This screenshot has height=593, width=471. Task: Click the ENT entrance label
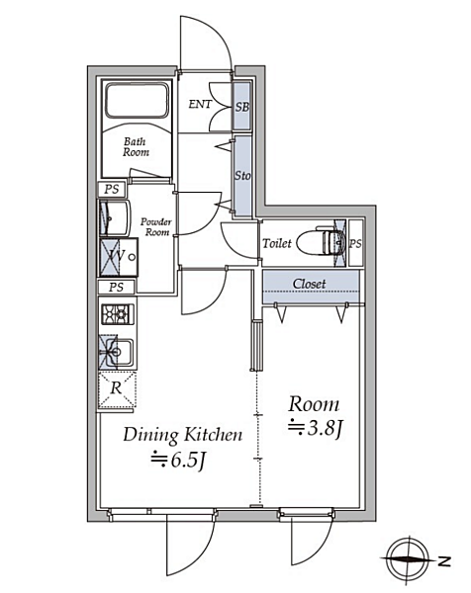pyautogui.click(x=200, y=104)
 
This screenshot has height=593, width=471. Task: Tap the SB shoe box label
pyautogui.click(x=242, y=107)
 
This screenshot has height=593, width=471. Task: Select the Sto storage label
pyautogui.click(x=242, y=176)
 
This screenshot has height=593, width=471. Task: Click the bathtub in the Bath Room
pyautogui.click(x=137, y=101)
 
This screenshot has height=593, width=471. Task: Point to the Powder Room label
pyautogui.click(x=156, y=226)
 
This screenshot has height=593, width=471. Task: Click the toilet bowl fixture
pyautogui.click(x=321, y=242)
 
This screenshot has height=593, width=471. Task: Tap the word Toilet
pyautogui.click(x=277, y=243)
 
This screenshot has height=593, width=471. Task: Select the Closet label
pyautogui.click(x=309, y=284)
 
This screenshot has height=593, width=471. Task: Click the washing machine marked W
pyautogui.click(x=119, y=257)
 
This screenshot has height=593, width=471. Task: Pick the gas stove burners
pyautogui.click(x=118, y=314)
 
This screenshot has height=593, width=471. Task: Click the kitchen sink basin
pyautogui.click(x=119, y=353)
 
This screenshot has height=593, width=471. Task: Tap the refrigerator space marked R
pyautogui.click(x=117, y=389)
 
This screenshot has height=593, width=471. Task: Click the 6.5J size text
pyautogui.click(x=178, y=461)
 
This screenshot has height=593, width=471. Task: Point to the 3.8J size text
pyautogui.click(x=316, y=429)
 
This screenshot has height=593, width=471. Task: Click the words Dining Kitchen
pyautogui.click(x=183, y=435)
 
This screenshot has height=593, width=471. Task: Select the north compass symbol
pyautogui.click(x=408, y=559)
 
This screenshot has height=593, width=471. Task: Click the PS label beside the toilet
pyautogui.click(x=355, y=243)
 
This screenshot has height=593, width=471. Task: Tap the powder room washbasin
pyautogui.click(x=115, y=218)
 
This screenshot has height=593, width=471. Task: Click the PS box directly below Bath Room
pyautogui.click(x=112, y=189)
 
